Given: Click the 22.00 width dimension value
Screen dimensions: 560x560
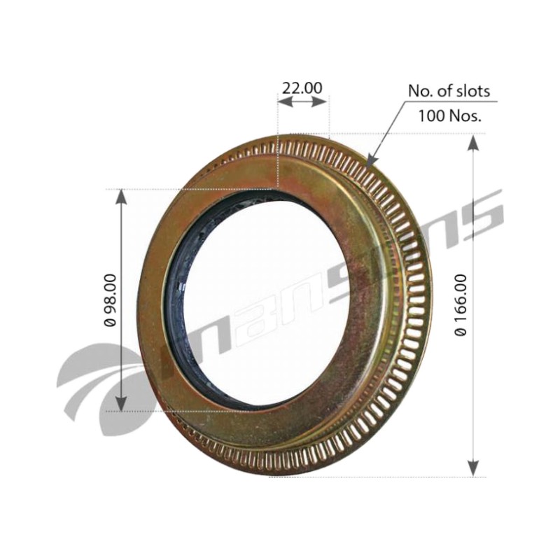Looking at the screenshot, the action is (302, 88).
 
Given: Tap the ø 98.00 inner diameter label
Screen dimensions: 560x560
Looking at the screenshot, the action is (111, 300).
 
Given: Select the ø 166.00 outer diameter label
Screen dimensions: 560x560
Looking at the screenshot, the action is (461, 304).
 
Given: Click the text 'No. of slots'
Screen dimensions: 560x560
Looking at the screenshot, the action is (449, 91).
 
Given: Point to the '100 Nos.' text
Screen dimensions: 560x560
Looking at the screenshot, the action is (449, 115).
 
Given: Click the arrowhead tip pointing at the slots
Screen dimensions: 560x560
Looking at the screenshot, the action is (367, 167).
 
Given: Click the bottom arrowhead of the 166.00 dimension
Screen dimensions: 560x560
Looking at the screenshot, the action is (473, 476).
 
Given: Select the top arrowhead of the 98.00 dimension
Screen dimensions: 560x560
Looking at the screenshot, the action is (122, 189).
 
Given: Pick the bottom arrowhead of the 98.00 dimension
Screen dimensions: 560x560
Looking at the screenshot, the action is (121, 411).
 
